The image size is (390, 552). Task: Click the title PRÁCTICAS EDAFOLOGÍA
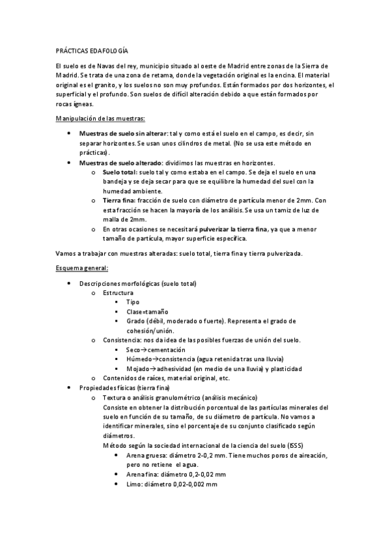pos(92,50)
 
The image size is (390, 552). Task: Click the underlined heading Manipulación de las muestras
pos(100,118)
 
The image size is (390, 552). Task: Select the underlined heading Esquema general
pos(82,268)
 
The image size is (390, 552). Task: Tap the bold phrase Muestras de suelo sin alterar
pos(122,133)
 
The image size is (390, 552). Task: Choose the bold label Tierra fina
pos(118,200)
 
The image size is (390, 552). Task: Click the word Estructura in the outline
pos(118,293)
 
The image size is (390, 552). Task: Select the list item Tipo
pos(132,303)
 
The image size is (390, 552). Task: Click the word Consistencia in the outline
pos(122,340)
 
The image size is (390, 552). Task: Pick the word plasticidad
pos(283,369)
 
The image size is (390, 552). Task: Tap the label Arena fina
pos(142,475)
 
